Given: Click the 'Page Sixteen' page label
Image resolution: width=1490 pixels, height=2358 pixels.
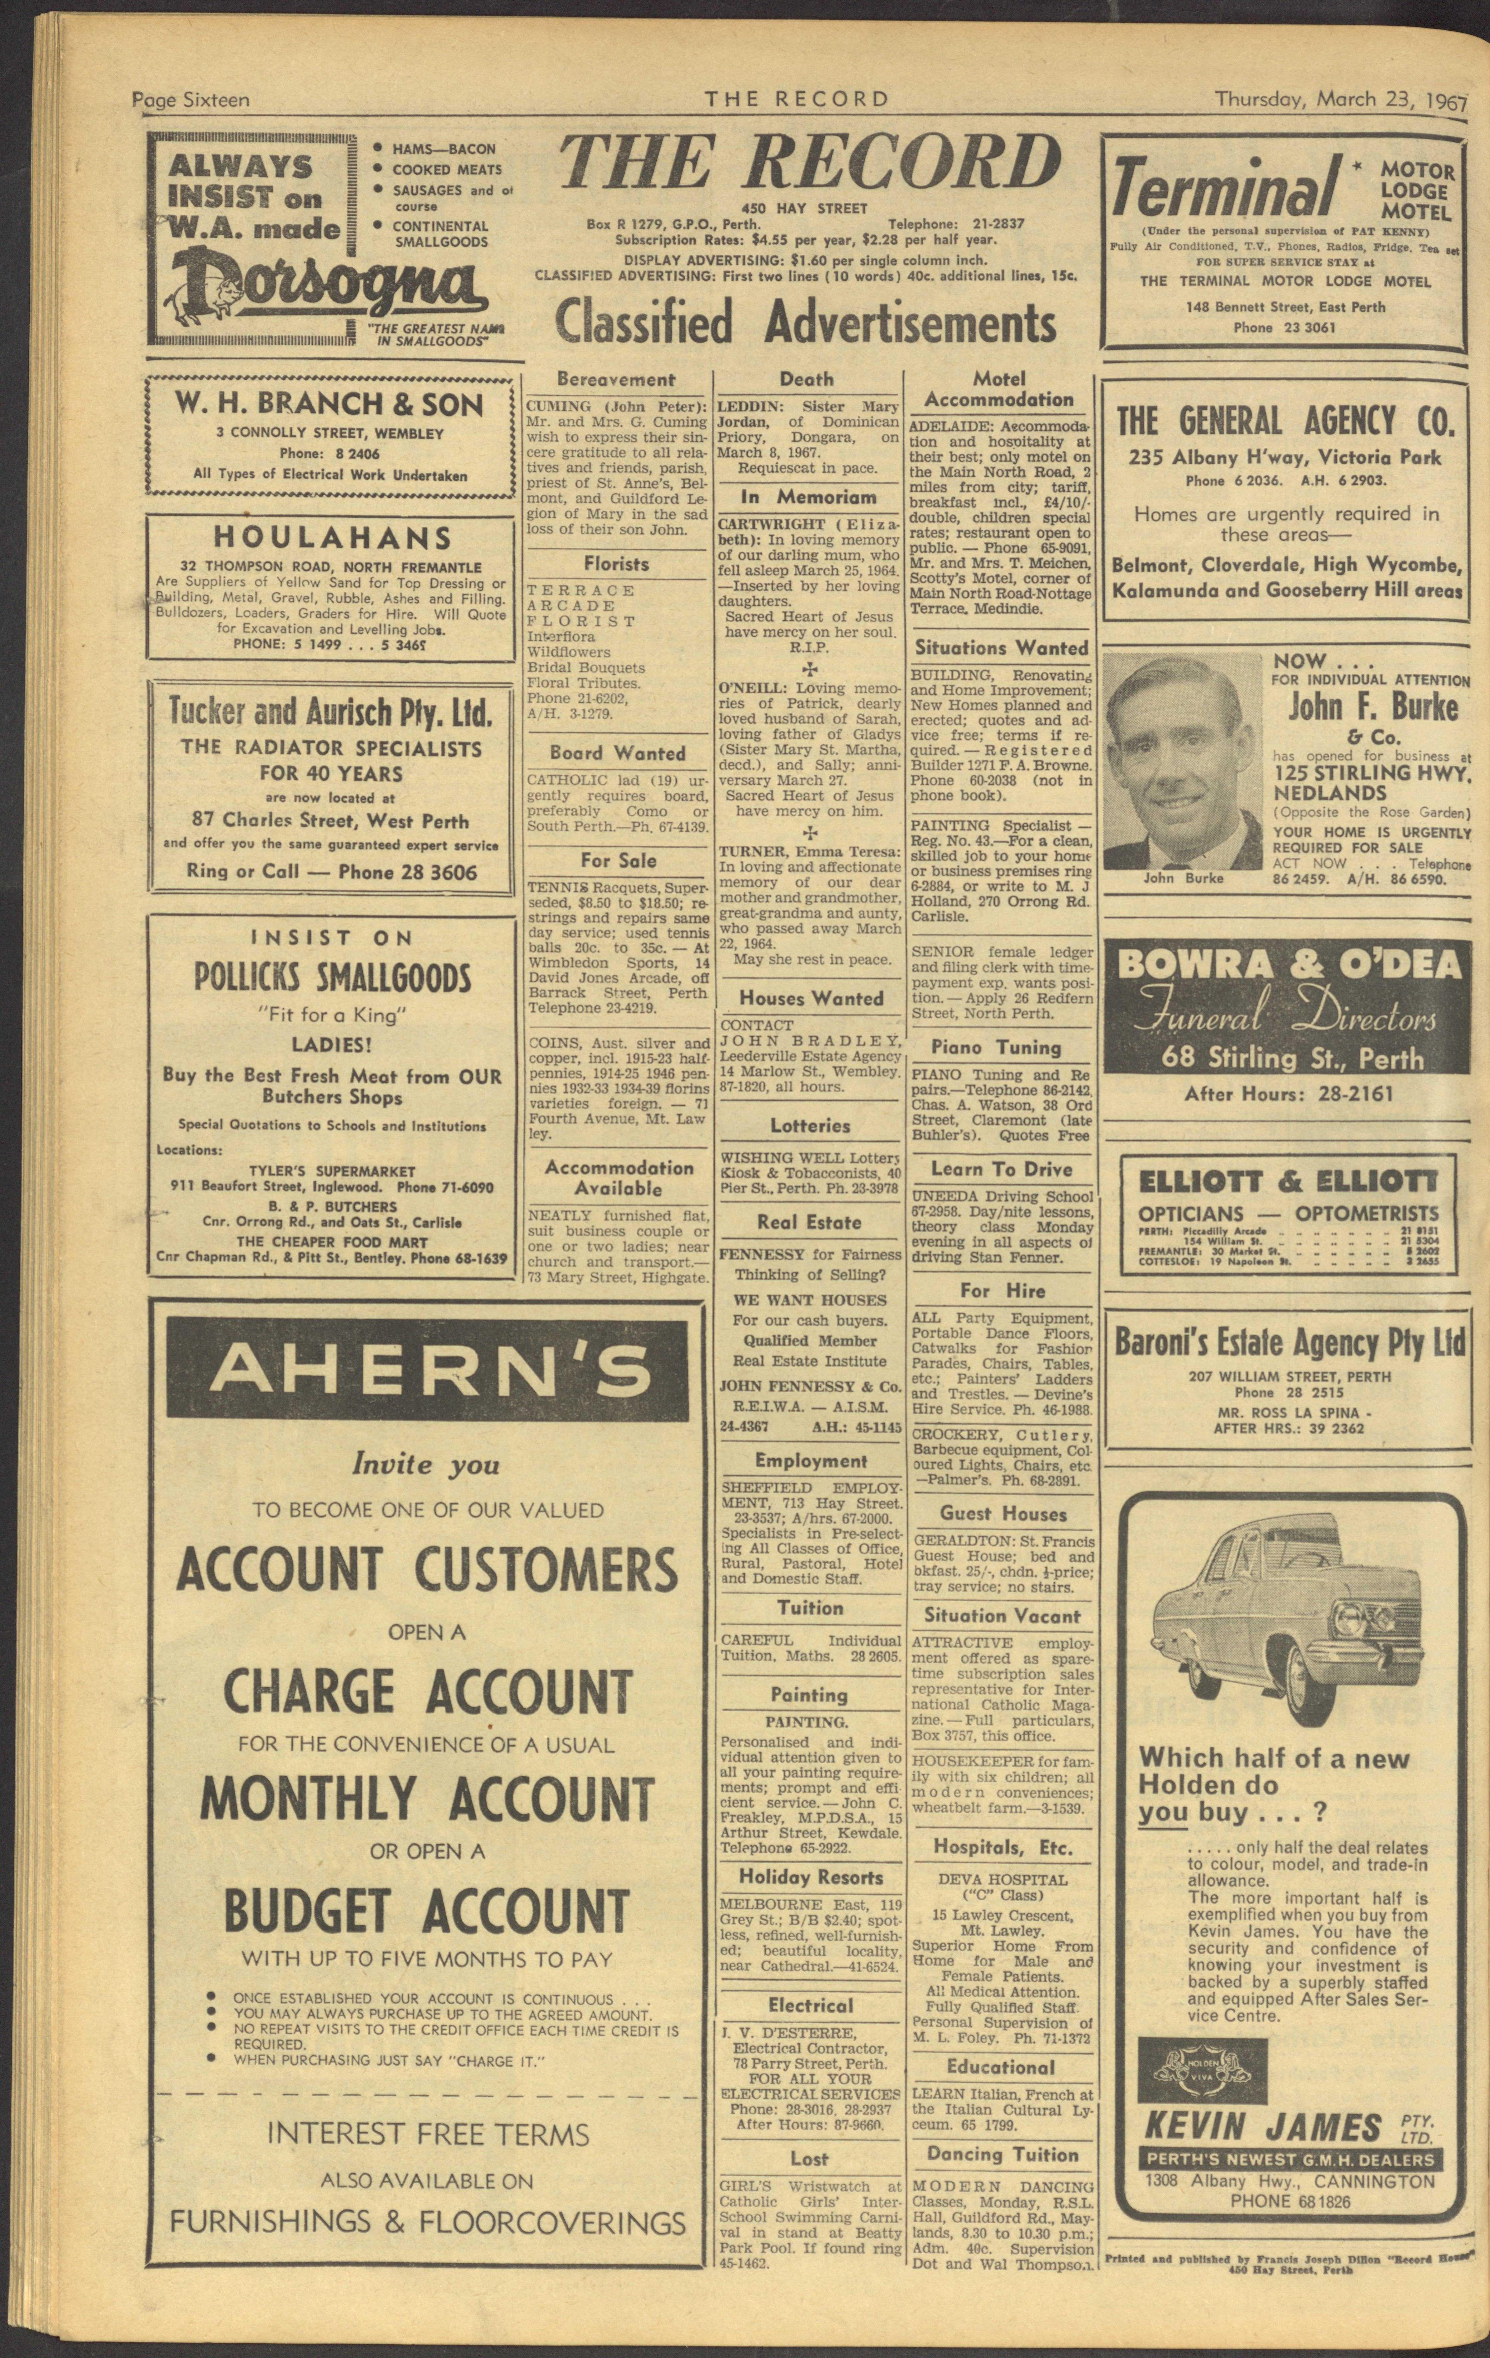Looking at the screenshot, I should (x=191, y=100).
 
